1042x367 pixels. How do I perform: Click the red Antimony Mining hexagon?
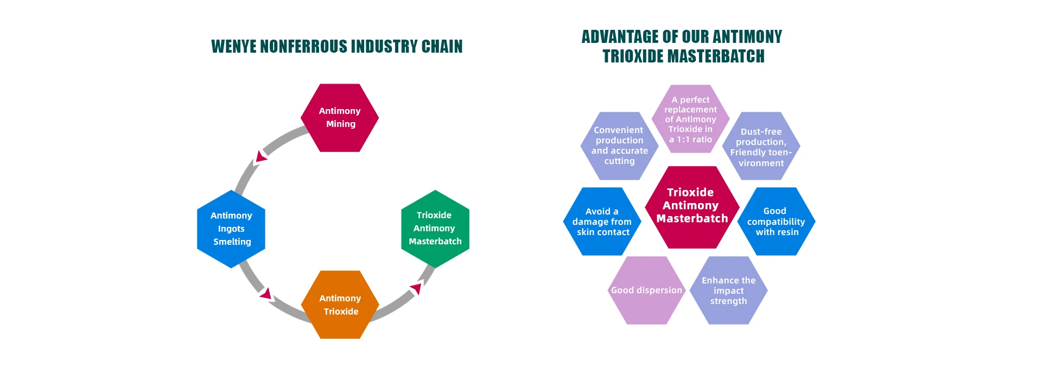coord(340,118)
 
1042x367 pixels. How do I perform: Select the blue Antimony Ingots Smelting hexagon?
coord(231,229)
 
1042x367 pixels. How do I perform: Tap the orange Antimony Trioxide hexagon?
coord(340,305)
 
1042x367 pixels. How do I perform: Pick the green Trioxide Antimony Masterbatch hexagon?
coord(435,229)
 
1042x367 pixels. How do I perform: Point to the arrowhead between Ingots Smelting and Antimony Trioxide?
coord(266,294)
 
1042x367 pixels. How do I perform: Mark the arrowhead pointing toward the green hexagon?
coord(416,288)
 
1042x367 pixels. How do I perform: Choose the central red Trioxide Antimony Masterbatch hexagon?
coord(692,207)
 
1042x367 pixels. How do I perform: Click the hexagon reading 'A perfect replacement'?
coord(690,119)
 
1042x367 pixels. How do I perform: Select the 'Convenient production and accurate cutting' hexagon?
coord(619,145)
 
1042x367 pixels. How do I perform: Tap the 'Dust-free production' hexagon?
coord(761,146)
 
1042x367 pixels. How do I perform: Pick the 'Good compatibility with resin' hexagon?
coord(776,222)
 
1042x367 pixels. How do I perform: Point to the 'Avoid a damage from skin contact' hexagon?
coord(602,222)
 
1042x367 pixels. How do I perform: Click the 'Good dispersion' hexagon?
coord(646,290)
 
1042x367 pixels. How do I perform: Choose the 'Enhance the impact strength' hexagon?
coord(728,290)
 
